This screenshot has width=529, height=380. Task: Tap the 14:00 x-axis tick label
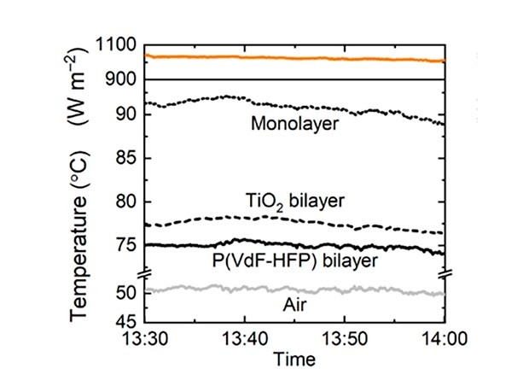tap(444, 340)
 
